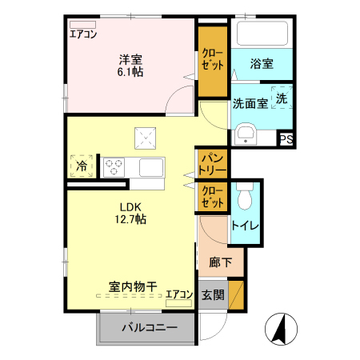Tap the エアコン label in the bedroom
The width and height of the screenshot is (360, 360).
coord(83,34)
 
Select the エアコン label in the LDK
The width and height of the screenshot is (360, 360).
coord(179,294)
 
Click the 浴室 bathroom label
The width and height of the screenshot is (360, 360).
coord(261,63)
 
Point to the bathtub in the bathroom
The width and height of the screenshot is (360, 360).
coord(261,34)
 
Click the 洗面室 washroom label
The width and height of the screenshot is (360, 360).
coord(249,103)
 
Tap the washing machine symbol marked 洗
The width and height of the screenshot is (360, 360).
coord(282,98)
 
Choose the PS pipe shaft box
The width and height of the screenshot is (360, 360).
coord(286,139)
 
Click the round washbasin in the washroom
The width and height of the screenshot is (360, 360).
coord(246,134)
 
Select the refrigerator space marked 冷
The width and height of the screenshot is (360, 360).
coord(82,166)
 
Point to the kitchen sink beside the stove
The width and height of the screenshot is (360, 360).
coord(150,167)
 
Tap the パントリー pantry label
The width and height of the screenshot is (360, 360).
coord(213,162)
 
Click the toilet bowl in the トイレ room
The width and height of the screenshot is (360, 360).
coord(245,193)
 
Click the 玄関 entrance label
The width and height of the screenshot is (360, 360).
coord(213,294)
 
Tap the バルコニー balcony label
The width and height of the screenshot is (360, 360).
coord(149,327)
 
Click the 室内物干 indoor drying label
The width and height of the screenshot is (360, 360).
coord(133,286)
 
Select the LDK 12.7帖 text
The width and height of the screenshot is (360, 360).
coord(131,210)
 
